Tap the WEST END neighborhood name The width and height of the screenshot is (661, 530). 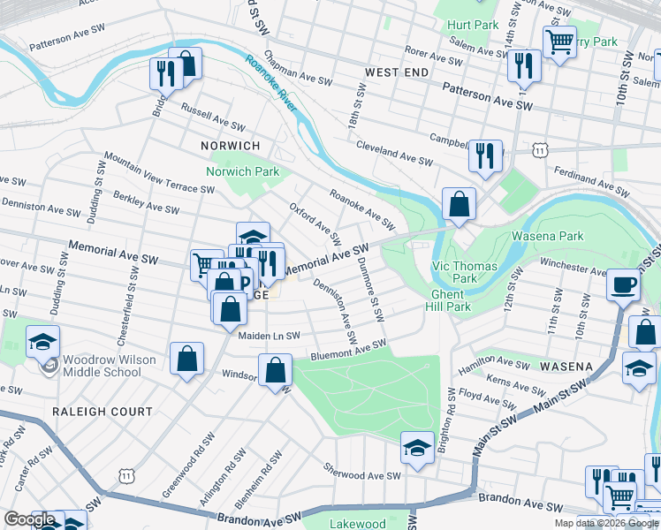(397, 72)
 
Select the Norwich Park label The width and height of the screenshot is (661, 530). (242, 171)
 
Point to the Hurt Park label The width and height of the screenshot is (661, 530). (473, 26)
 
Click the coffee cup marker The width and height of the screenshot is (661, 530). (624, 286)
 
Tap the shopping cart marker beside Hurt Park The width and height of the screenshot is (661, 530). (558, 41)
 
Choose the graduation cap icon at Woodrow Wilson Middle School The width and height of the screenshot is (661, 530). (42, 342)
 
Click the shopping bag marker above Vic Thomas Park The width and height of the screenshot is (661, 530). (460, 205)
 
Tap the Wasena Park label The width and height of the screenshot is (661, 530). (547, 237)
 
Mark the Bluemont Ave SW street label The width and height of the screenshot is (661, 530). (348, 351)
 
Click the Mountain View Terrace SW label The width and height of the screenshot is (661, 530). (158, 171)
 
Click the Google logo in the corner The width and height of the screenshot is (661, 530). (30, 519)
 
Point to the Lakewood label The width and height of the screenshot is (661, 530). (357, 523)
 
